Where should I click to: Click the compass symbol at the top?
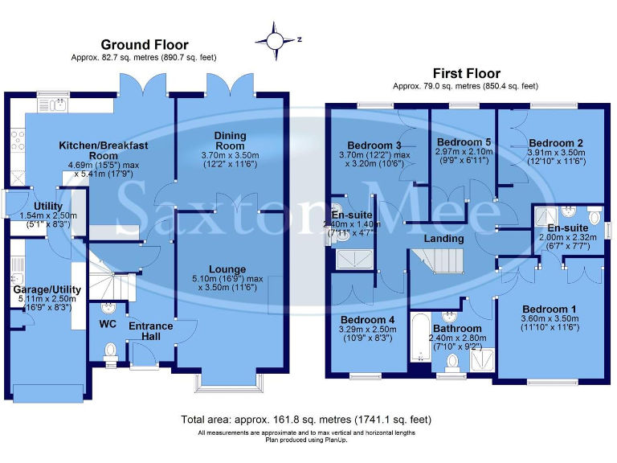tap(275, 38)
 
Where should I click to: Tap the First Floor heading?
tap(466, 73)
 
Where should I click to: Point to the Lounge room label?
tap(229, 269)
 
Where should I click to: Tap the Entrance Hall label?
tap(151, 331)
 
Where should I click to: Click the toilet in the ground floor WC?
tap(110, 350)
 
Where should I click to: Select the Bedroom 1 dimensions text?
tap(550, 323)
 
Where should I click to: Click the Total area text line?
tap(307, 420)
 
